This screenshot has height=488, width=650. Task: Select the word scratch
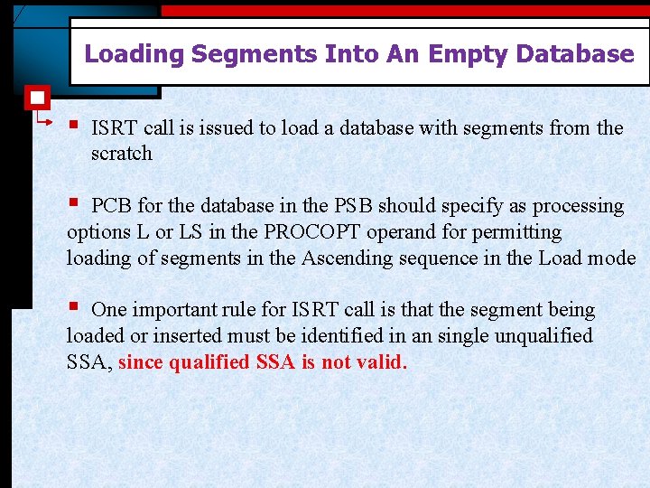(122, 154)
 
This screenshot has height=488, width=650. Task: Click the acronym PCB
(112, 206)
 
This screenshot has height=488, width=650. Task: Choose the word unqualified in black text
(541, 336)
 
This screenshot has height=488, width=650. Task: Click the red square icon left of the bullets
(37, 98)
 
